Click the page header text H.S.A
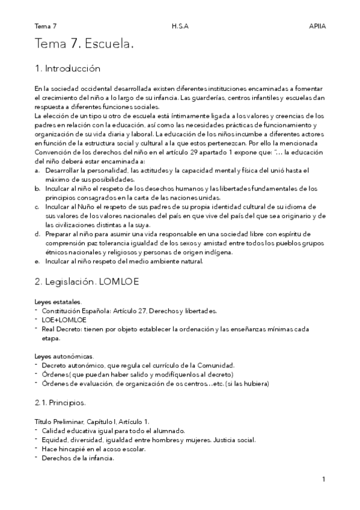click(x=180, y=26)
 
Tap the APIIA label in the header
click(x=316, y=26)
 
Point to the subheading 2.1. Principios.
click(x=60, y=402)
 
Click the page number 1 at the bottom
click(x=323, y=479)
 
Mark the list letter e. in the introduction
click(x=38, y=261)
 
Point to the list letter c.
click(x=38, y=206)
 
